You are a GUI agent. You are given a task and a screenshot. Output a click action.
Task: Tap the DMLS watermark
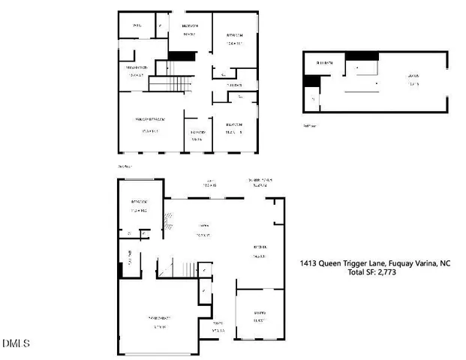(x=15, y=343)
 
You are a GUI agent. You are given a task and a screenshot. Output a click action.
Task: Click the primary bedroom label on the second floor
(x=150, y=120)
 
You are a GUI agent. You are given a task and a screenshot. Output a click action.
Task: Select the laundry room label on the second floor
(x=197, y=133)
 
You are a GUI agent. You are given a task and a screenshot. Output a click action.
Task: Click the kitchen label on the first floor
(x=260, y=251)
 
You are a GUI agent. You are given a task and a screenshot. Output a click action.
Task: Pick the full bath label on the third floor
(x=324, y=63)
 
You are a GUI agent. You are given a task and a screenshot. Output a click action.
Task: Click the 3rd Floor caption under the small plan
(x=309, y=126)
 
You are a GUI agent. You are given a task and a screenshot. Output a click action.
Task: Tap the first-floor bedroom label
(x=139, y=204)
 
